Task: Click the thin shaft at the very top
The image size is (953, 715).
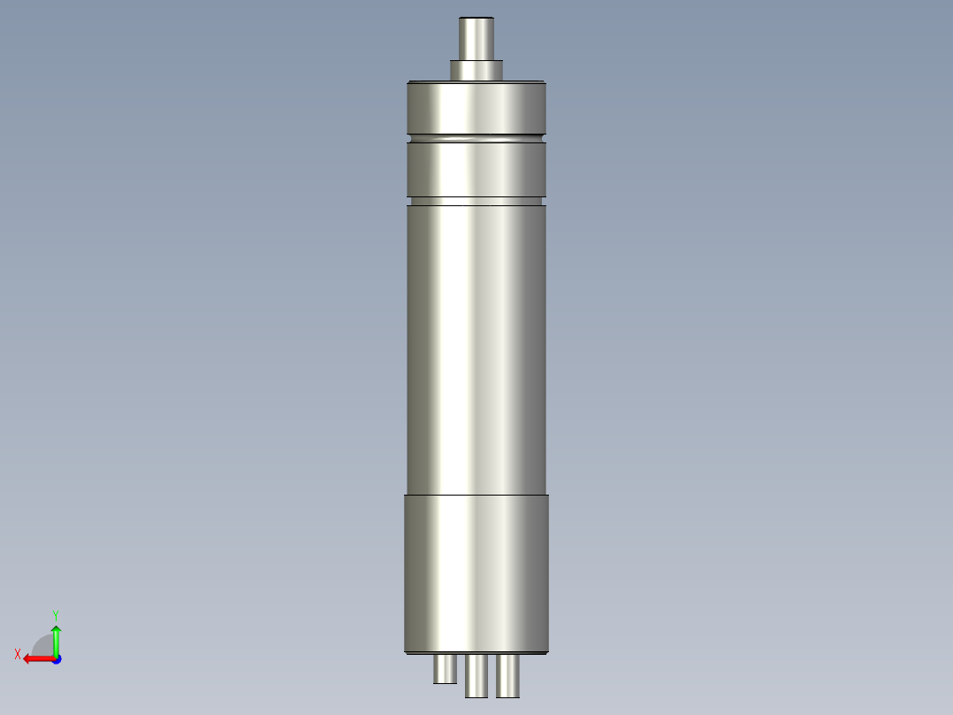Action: coord(476,41)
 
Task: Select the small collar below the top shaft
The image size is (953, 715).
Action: coord(476,70)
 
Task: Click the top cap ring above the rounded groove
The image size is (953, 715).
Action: coord(476,107)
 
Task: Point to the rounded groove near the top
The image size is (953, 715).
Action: coord(476,138)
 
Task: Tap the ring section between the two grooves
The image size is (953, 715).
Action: coord(476,169)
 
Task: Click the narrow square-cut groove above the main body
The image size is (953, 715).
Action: coord(476,202)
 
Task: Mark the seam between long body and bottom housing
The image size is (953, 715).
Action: coord(476,494)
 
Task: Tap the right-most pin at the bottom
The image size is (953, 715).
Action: coord(507,675)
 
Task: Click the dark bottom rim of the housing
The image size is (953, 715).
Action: coord(476,653)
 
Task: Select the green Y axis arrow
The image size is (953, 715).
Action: coord(56,639)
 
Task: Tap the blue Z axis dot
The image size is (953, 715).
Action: coord(56,659)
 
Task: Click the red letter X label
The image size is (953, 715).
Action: coord(18,654)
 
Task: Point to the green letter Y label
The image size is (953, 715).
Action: coord(56,614)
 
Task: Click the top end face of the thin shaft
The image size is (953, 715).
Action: coord(476,19)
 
